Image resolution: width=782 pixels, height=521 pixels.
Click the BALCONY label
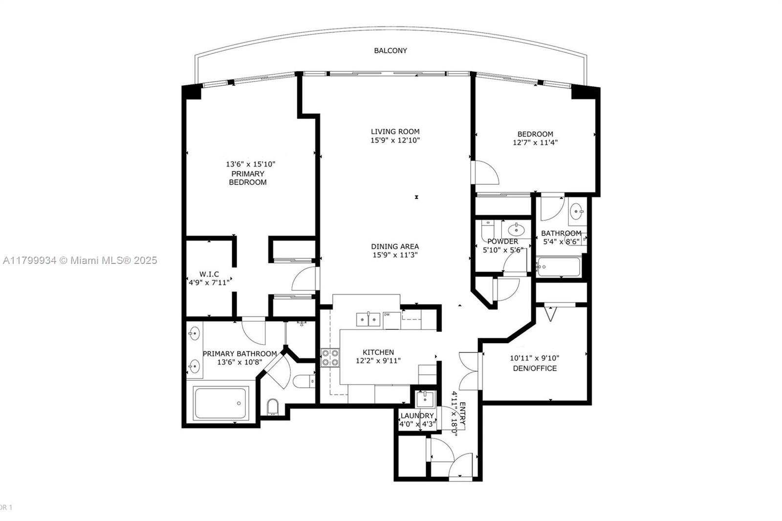[x=390, y=50]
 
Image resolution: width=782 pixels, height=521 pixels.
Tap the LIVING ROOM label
[x=395, y=131]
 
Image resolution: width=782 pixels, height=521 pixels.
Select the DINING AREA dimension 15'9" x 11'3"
[x=395, y=255]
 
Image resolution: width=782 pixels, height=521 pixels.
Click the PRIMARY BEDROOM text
[x=248, y=178]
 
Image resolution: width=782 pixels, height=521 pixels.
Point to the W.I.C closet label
[x=209, y=274]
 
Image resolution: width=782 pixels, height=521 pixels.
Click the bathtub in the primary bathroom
[x=221, y=403]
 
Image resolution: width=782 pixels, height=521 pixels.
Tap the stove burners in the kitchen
[x=330, y=358]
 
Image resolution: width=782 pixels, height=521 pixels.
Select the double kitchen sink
[x=368, y=320]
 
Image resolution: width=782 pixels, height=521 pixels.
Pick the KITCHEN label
[x=378, y=352]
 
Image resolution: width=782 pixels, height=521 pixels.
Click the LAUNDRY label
[x=417, y=416]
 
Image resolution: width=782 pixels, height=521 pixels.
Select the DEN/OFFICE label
[x=534, y=369]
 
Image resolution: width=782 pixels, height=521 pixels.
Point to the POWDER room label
[x=502, y=241]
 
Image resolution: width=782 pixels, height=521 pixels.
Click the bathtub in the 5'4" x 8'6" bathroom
[x=558, y=267]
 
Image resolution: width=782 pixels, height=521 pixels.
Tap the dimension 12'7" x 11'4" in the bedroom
[x=535, y=143]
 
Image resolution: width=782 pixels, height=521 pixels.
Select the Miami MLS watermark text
[x=80, y=260]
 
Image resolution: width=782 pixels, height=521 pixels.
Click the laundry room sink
[x=424, y=399]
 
